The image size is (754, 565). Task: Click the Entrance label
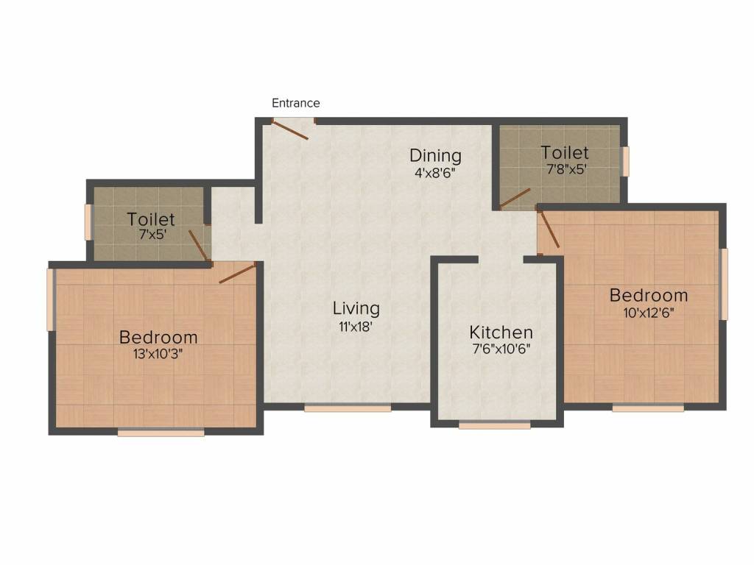pyautogui.click(x=296, y=103)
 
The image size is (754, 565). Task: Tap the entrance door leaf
pyautogui.click(x=290, y=129)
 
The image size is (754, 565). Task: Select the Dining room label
pyautogui.click(x=435, y=155)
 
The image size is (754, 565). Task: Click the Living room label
pyautogui.click(x=356, y=308)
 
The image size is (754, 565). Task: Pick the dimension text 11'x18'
pyautogui.click(x=356, y=327)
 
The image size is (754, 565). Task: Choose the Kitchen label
pyautogui.click(x=501, y=332)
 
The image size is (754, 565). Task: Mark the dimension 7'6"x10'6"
pyautogui.click(x=501, y=349)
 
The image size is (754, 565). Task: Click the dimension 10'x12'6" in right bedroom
pyautogui.click(x=648, y=312)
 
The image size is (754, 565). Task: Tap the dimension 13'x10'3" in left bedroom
pyautogui.click(x=158, y=354)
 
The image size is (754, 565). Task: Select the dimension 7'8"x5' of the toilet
pyautogui.click(x=565, y=169)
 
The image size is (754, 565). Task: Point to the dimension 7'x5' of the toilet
pyautogui.click(x=151, y=235)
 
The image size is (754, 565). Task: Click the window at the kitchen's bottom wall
pyautogui.click(x=494, y=424)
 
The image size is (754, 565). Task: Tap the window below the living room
pyautogui.click(x=348, y=407)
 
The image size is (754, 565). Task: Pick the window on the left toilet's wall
pyautogui.click(x=88, y=222)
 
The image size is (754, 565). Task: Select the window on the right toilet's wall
pyautogui.click(x=626, y=161)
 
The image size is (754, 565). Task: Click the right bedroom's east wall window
pyautogui.click(x=724, y=284)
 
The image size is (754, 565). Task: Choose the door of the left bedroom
pyautogui.click(x=237, y=273)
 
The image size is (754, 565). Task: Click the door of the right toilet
pyautogui.click(x=515, y=197)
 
